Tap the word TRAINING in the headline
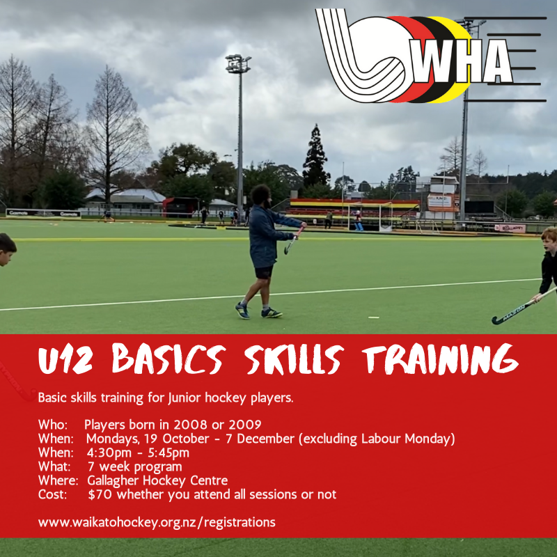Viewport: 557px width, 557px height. pyautogui.click(x=440, y=359)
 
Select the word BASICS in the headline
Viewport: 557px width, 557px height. pyautogui.click(x=168, y=359)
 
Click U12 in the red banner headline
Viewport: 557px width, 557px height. pyautogui.click(x=65, y=359)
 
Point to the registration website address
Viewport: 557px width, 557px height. pyautogui.click(x=157, y=523)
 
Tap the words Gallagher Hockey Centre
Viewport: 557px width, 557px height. pyautogui.click(x=157, y=480)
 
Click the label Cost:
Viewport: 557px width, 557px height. pyautogui.click(x=53, y=494)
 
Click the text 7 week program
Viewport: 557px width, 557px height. pyautogui.click(x=134, y=466)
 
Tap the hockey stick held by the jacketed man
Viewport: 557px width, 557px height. pyautogui.click(x=294, y=240)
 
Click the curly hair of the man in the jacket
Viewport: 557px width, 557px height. pyautogui.click(x=260, y=194)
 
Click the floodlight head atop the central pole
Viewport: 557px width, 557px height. pyautogui.click(x=238, y=63)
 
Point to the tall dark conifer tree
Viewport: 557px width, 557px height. pyautogui.click(x=315, y=157)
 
